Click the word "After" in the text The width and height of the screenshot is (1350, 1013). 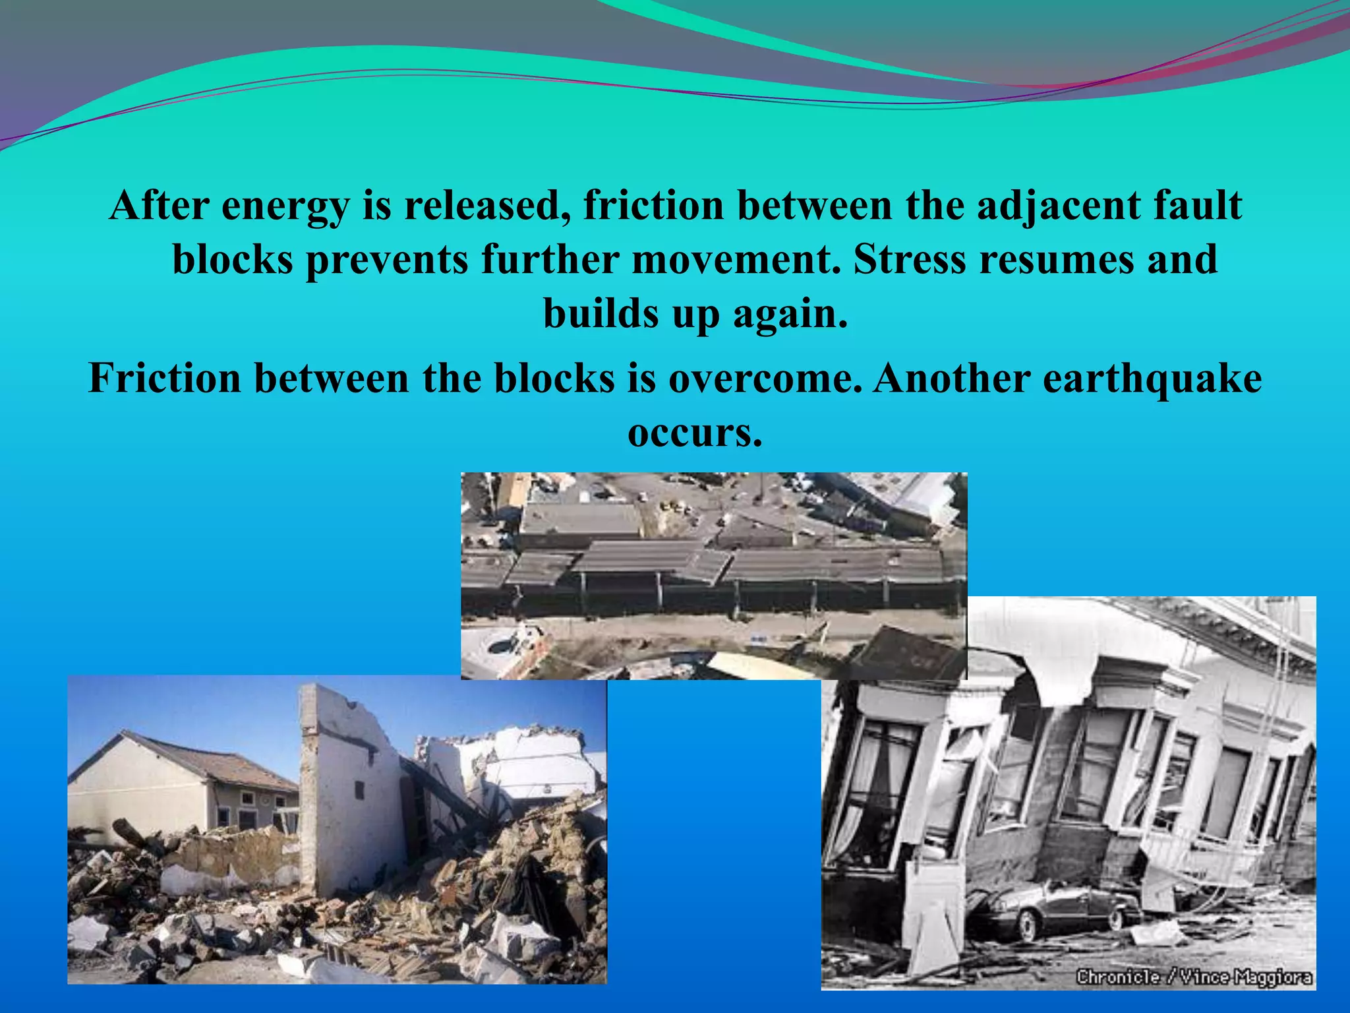(x=158, y=205)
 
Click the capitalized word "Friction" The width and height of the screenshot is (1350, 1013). (x=165, y=379)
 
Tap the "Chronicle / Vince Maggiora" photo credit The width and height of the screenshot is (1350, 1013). (x=1194, y=977)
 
